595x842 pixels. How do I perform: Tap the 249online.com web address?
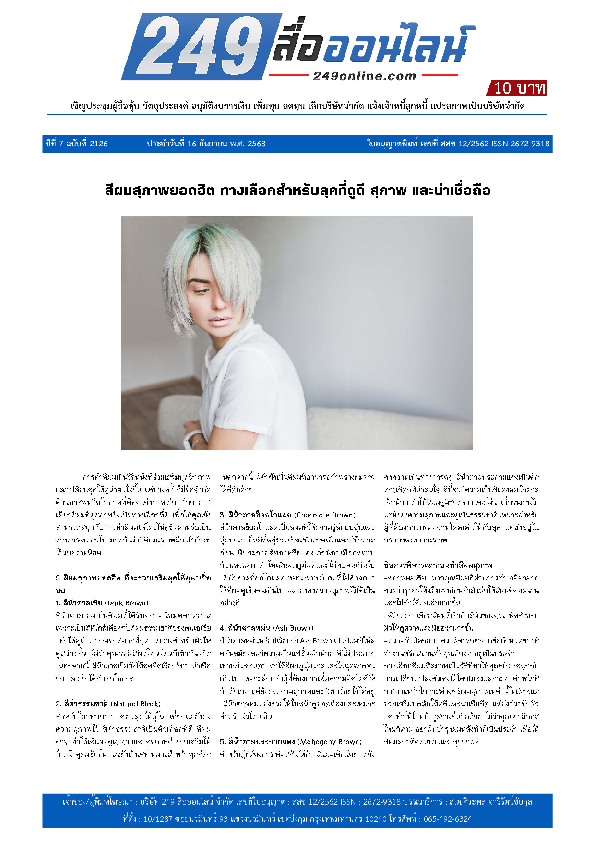364,76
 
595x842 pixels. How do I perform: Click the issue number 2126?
98,144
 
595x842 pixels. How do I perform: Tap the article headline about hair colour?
297,191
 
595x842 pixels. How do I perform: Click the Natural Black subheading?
108,704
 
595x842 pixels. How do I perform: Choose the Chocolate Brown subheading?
287,515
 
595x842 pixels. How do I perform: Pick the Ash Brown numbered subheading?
266,628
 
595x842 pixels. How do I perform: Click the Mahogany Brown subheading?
291,741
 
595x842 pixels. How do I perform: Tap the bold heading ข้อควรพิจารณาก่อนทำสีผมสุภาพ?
438,565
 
